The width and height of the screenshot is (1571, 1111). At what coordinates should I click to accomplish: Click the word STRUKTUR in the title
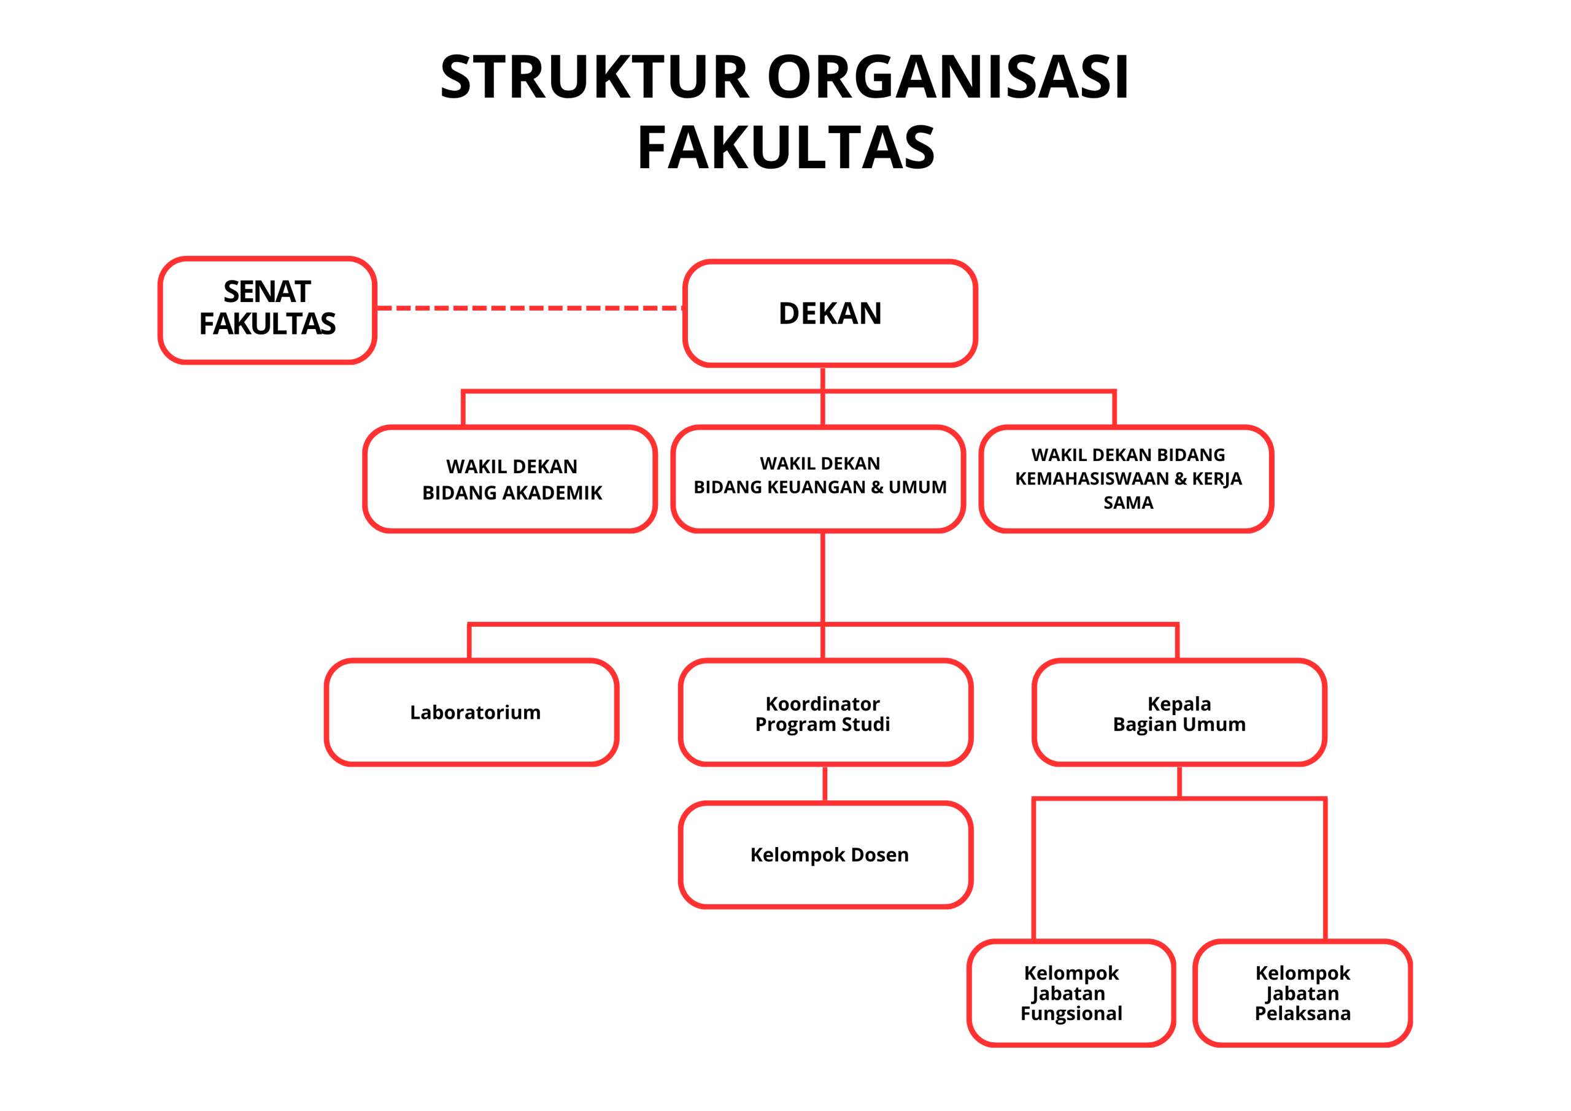(595, 77)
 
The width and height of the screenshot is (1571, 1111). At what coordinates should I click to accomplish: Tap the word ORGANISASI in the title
(948, 77)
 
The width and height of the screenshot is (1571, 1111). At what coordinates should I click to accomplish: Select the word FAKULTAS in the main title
(785, 148)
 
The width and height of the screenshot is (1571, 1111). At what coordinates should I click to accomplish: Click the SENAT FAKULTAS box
(268, 310)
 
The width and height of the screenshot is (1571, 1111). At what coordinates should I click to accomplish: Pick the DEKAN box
(830, 314)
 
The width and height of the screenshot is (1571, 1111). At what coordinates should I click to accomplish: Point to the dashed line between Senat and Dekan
(530, 308)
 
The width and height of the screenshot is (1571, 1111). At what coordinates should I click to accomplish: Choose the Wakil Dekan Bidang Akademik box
(511, 479)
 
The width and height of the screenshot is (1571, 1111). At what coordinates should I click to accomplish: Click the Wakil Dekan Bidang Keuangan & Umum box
(819, 479)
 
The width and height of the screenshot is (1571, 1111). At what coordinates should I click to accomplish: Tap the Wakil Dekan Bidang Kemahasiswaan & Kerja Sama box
(1127, 479)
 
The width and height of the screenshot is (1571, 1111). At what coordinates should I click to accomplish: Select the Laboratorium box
(472, 712)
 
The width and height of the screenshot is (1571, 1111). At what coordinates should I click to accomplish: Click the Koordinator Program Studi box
(826, 712)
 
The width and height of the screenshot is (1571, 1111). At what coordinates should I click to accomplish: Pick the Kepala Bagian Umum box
(1179, 712)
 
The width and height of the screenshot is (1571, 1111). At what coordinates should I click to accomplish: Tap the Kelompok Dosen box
(826, 855)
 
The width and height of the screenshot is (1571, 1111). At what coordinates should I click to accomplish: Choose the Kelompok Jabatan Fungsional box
(1071, 993)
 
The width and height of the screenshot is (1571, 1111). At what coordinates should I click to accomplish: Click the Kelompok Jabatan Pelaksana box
(1303, 993)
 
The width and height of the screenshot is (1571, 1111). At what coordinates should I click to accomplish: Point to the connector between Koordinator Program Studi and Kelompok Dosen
(825, 784)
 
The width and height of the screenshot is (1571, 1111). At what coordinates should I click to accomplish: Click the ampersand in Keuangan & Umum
(877, 487)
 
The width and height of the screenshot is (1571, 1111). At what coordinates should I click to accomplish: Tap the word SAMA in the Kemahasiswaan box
(1129, 503)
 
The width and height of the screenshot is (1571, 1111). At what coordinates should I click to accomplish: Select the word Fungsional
(1071, 1014)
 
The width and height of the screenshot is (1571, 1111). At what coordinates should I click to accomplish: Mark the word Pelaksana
(1303, 1014)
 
